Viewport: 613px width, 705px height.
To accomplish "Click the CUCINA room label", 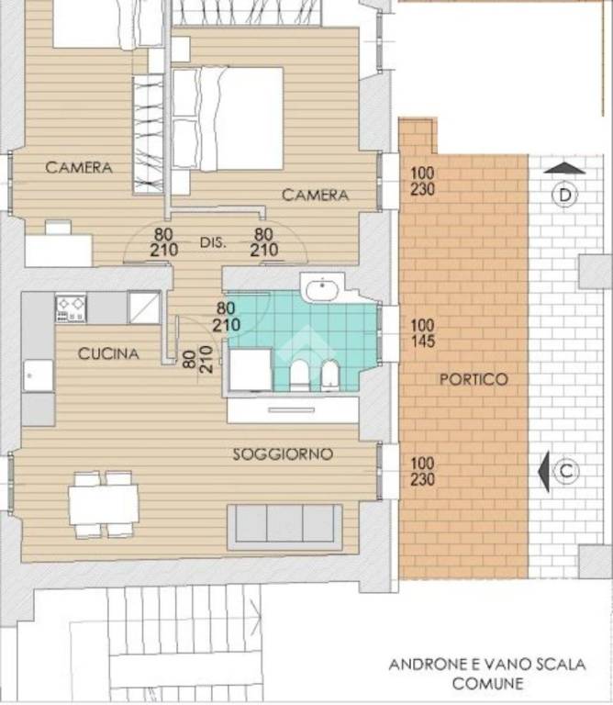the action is coord(108,353).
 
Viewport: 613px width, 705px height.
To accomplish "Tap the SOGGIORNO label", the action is coord(283,454).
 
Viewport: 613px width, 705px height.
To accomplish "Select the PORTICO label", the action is coord(474,379).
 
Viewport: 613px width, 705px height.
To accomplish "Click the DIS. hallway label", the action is coord(213,242).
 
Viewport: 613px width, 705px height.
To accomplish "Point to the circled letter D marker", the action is coord(564,196).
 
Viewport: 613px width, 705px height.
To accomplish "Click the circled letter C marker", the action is coord(566,472).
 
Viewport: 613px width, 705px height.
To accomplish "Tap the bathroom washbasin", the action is coord(321,288).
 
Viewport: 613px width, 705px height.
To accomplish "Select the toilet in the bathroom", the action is coord(299,375).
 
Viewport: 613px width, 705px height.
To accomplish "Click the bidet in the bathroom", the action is coord(330,375).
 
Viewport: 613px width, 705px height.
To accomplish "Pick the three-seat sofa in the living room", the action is coord(284,527).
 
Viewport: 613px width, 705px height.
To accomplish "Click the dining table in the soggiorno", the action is coord(104,505).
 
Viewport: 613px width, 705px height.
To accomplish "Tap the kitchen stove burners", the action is coord(71,308).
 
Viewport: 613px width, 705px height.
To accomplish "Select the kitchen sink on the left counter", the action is coord(39,375).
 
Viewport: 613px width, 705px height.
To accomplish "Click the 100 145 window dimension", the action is coord(422,333).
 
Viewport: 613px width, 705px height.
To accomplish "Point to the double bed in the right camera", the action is coord(228,119).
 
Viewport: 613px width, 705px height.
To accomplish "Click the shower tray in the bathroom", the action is coord(251,370).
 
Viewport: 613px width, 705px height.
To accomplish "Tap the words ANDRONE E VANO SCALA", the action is coord(487,665).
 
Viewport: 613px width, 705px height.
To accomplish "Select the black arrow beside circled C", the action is coord(544,472).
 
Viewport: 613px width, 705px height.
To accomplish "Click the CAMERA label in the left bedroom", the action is coord(79,168).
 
